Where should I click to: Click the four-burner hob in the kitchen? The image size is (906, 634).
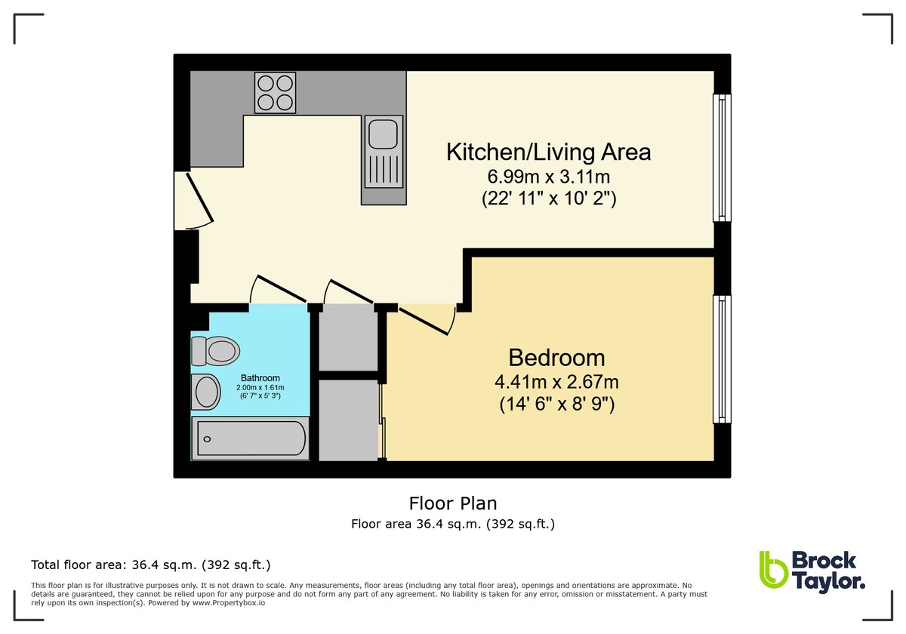click(275, 93)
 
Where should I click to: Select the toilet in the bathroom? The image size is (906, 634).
click(216, 350)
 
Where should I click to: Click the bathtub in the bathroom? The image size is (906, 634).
click(251, 438)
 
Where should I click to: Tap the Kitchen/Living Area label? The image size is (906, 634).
click(548, 152)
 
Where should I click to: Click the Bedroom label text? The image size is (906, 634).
click(556, 357)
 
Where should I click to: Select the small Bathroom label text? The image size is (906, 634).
click(260, 378)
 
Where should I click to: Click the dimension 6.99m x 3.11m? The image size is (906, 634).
click(548, 177)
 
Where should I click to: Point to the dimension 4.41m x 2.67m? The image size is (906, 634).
click(556, 382)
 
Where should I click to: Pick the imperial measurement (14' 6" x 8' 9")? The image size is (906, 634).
click(556, 405)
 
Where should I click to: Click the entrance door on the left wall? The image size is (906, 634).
click(195, 199)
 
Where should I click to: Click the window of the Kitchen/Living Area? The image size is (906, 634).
click(723, 158)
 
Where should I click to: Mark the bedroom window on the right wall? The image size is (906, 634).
click(723, 359)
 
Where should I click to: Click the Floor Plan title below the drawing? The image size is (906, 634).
click(453, 503)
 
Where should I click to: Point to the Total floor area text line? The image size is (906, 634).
click(150, 565)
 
